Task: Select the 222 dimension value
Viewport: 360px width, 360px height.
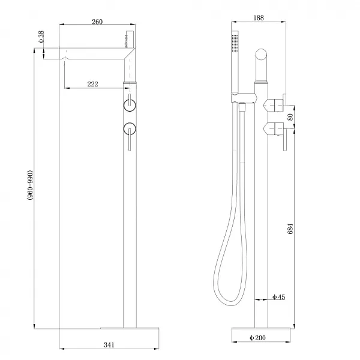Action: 92,83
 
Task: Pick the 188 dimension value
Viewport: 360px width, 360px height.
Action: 259,18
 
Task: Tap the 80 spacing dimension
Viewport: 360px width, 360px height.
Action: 291,117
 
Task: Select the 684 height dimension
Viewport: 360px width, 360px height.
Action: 291,228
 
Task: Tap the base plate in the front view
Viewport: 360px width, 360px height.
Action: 129,328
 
